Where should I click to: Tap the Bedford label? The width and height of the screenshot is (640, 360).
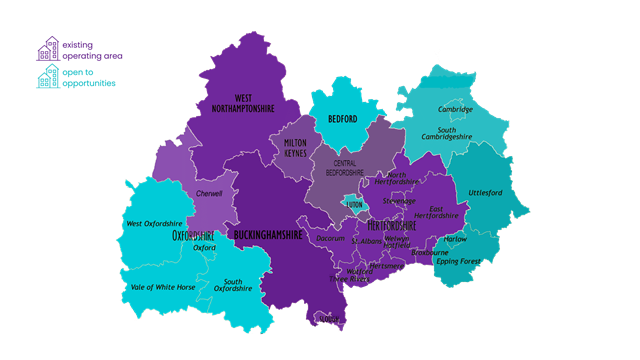click(343, 119)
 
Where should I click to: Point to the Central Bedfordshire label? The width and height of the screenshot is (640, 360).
click(338, 168)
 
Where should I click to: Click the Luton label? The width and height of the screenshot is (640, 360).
click(354, 203)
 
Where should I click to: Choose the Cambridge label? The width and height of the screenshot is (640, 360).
click(455, 109)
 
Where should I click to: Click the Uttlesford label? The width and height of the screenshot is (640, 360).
click(486, 193)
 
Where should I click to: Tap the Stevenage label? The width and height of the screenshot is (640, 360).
click(398, 200)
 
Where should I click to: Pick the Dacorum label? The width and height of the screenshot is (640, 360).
click(330, 239)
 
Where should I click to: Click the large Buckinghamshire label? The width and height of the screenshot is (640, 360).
click(267, 234)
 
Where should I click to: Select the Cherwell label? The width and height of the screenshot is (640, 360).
click(210, 193)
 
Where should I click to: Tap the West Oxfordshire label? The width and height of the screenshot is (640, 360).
click(154, 223)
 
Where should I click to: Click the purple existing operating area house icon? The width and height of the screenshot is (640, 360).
click(47, 48)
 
